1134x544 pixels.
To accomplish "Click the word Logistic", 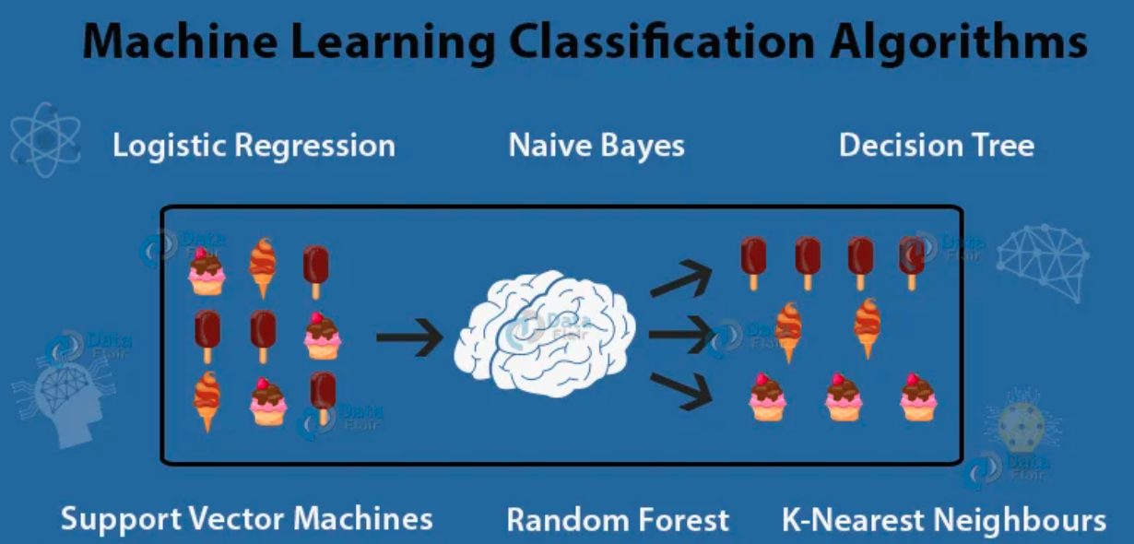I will [x=168, y=146].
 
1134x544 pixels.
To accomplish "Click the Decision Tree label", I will [x=936, y=146].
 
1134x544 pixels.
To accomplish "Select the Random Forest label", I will [x=618, y=520].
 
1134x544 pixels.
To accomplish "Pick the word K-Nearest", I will [x=848, y=520].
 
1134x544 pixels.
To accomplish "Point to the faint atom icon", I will [x=44, y=139].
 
